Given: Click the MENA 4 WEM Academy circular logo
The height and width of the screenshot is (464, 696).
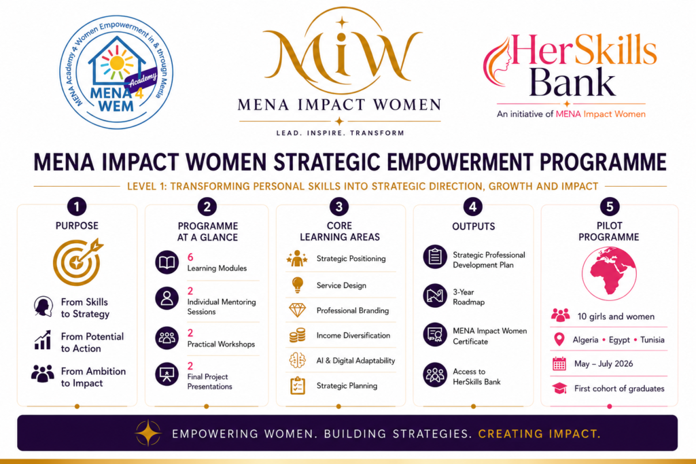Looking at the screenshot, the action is coord(116,72).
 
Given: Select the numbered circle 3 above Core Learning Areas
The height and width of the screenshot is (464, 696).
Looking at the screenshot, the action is coord(339,207).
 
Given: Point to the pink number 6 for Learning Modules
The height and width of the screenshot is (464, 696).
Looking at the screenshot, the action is coord(190,257).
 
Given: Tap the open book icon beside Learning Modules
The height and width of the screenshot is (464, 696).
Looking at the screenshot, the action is coord(167,262).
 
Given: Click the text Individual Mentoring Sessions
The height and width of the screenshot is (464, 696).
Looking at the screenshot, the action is coord(222,306).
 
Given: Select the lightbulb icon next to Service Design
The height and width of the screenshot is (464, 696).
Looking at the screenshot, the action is coord(298,285).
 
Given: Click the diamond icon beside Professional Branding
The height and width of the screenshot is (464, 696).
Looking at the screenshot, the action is coord(298,310).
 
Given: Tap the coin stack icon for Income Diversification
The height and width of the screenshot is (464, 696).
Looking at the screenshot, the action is coord(298,336).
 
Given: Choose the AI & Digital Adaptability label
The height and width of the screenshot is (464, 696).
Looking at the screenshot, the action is coord(355,361).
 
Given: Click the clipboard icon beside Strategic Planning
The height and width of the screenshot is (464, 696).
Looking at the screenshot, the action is coord(298,385).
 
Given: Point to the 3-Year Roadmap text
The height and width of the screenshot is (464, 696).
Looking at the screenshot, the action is coord(469,297).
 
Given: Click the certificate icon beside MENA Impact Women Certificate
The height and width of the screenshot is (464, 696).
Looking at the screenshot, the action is coord(435,334).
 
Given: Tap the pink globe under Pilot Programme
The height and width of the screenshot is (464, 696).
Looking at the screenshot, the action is coord(609,273).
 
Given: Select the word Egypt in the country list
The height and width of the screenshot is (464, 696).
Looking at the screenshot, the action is coord(619,340).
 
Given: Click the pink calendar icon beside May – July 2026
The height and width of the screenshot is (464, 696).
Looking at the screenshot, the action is coord(559,363).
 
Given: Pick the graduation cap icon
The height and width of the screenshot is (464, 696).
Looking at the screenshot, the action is coord(560,389).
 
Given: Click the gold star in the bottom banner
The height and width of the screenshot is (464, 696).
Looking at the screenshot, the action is coord(147,433).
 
